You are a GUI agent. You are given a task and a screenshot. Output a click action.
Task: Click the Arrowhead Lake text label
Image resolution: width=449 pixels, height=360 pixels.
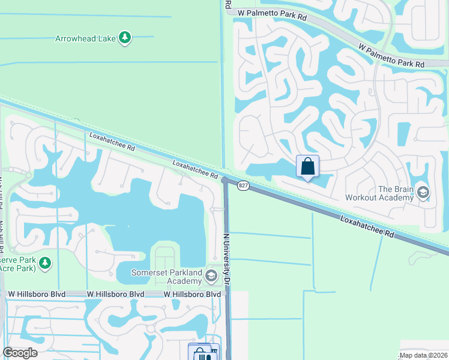tap(85, 38)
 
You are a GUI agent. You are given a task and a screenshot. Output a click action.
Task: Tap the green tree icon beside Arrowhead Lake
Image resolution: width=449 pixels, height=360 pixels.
tap(125, 38)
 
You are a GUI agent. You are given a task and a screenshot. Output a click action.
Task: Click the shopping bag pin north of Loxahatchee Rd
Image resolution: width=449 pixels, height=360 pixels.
tap(307, 166)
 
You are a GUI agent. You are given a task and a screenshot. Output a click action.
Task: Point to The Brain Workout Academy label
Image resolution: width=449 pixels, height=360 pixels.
tap(379, 193)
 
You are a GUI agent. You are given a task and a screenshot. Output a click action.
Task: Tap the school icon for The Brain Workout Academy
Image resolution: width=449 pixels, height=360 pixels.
tap(423, 192)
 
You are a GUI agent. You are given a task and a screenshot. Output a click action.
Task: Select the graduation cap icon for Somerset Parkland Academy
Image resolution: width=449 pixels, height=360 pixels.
tap(211, 276)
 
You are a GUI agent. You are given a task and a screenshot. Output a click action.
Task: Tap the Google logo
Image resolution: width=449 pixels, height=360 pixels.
tap(20, 352)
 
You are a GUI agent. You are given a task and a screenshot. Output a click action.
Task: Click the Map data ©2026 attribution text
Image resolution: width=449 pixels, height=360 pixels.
tap(424, 355)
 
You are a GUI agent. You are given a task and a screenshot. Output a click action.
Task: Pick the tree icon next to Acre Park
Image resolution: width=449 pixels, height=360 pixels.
tap(44, 263)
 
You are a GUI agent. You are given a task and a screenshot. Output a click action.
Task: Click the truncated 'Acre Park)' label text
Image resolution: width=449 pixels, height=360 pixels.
tap(18, 268)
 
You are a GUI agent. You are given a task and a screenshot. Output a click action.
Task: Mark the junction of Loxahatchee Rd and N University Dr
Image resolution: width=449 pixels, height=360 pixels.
tap(224, 181)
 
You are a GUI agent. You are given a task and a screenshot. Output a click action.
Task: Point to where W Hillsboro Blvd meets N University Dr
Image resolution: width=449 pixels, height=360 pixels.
tap(227, 294)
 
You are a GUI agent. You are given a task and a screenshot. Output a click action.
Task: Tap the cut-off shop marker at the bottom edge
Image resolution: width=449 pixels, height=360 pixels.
tap(203, 353)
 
